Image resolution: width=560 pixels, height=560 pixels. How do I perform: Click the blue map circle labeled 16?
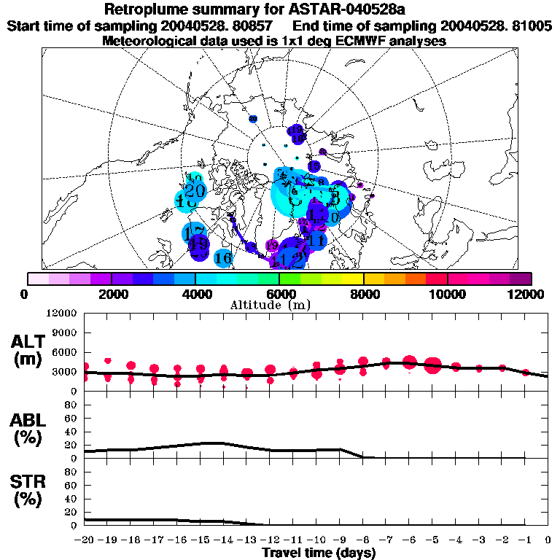223,258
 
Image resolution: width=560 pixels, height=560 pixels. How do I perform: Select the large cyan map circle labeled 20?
195,191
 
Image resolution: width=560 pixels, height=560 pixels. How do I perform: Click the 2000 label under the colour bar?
111,294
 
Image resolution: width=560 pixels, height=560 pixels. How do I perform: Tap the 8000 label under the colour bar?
363,294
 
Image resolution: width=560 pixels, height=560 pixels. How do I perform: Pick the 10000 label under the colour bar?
448,294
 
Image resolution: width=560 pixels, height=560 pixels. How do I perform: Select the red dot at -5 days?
432,365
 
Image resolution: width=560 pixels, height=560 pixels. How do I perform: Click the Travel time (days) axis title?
319,553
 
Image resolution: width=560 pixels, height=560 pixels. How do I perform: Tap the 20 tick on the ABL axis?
71,445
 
